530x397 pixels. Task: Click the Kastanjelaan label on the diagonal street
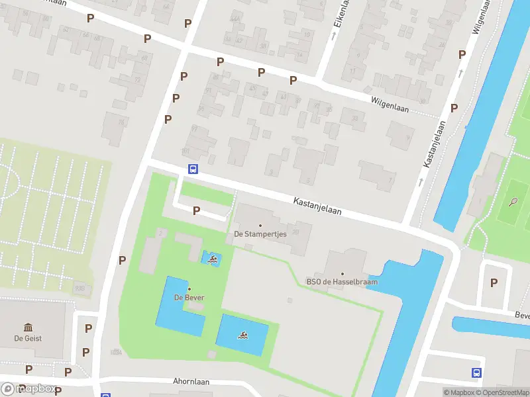318,206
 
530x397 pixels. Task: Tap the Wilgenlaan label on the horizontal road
390,103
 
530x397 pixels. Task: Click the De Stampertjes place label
260,234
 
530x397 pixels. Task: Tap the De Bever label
189,297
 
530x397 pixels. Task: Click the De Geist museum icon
28,327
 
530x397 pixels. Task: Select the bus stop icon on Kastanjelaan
193,169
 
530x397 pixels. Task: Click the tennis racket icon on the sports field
513,201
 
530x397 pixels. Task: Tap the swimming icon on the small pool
212,259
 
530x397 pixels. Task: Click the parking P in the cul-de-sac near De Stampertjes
196,210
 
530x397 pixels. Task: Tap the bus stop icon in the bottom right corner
476,373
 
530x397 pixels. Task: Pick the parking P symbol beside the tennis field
493,283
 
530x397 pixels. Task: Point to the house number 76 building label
122,123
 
